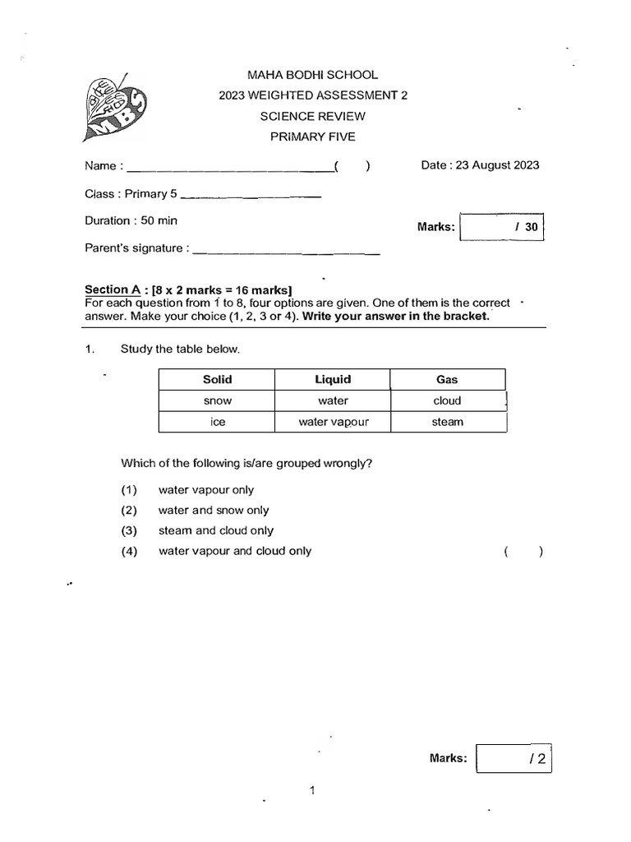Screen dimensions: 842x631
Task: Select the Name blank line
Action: pyautogui.click(x=228, y=169)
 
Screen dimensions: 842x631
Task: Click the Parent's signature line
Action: pyautogui.click(x=285, y=251)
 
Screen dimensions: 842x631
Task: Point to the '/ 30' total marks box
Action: pyautogui.click(x=502, y=226)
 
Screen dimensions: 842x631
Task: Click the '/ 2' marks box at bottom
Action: pyautogui.click(x=514, y=758)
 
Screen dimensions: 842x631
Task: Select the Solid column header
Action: pyautogui.click(x=218, y=379)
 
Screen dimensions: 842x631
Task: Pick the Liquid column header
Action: pyautogui.click(x=333, y=379)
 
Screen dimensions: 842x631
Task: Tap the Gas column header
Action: pyautogui.click(x=448, y=379)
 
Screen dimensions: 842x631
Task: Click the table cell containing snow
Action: pyautogui.click(x=218, y=400)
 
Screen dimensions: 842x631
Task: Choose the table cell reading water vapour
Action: pyautogui.click(x=333, y=422)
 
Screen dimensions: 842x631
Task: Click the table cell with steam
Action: pyautogui.click(x=448, y=422)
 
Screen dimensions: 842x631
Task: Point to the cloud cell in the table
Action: pyautogui.click(x=448, y=400)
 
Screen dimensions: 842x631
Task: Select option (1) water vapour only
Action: pyautogui.click(x=205, y=490)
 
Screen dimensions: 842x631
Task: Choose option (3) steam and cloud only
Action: pyautogui.click(x=215, y=530)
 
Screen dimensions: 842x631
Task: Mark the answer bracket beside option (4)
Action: pyautogui.click(x=523, y=552)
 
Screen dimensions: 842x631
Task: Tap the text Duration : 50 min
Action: pyautogui.click(x=131, y=220)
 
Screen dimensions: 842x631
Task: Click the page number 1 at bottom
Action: pyautogui.click(x=312, y=791)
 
